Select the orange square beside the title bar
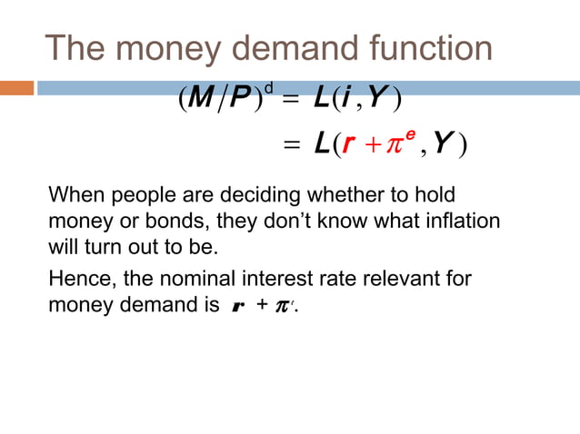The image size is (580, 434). click(x=16, y=88)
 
